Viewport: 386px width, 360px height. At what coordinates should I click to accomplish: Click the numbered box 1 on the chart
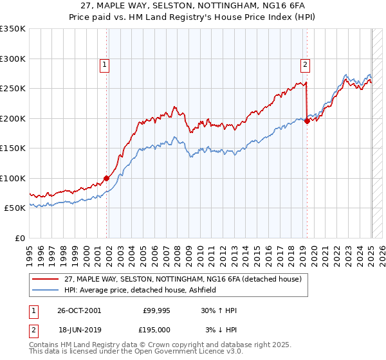click(x=104, y=64)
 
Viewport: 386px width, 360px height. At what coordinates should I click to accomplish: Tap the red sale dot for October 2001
click(x=106, y=179)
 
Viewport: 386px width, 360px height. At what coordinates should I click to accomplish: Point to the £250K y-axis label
click(x=13, y=89)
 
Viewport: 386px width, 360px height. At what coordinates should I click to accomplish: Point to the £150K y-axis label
click(x=13, y=148)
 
